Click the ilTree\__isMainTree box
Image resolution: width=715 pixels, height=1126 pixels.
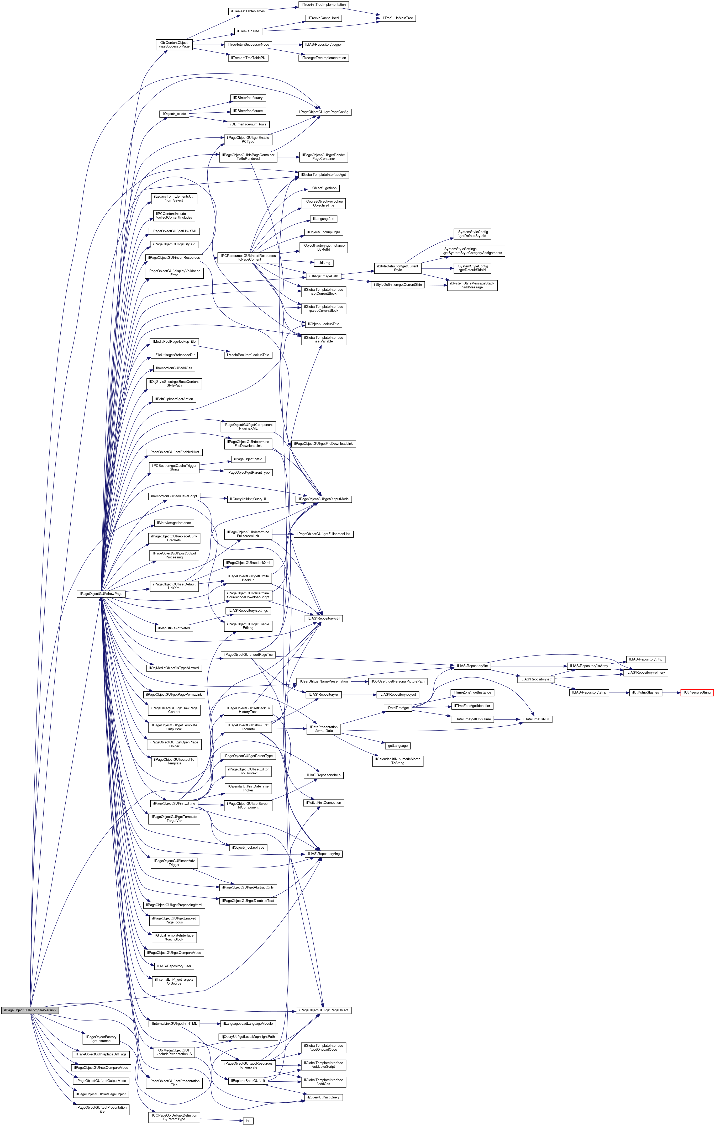pyautogui.click(x=397, y=18)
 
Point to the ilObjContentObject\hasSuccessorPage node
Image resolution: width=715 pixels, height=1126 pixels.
pyautogui.click(x=174, y=44)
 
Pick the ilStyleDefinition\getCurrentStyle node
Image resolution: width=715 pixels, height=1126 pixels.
pyautogui.click(x=397, y=268)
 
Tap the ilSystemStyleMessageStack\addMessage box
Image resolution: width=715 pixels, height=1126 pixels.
pyautogui.click(x=472, y=285)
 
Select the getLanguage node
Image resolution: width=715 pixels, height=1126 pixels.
pyautogui.click(x=397, y=745)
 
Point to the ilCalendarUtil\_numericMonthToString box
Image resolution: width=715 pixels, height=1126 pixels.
pyautogui.click(x=397, y=761)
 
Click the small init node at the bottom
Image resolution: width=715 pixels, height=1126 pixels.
pyautogui.click(x=248, y=1120)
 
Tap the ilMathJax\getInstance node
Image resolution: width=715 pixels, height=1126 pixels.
pyautogui.click(x=174, y=523)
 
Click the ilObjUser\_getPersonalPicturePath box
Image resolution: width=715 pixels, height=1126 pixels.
pyautogui.click(x=397, y=681)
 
